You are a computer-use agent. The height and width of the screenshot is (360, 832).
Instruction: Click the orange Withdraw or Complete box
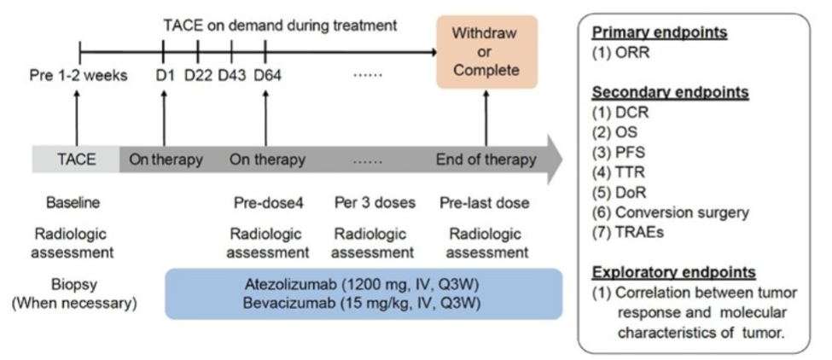[x=486, y=52]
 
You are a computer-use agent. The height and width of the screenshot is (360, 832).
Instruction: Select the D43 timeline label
[x=232, y=76]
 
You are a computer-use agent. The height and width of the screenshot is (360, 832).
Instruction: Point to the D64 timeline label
[x=267, y=76]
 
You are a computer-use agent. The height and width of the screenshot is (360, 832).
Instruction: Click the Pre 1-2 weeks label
[x=79, y=76]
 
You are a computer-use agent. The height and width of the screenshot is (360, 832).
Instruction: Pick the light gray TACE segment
[x=76, y=160]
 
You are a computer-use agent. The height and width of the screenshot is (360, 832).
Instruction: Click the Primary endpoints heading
[x=659, y=33]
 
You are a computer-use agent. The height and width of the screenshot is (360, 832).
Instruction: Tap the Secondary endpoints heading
[x=670, y=92]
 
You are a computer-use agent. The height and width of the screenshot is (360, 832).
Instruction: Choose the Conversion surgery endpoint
[x=671, y=212]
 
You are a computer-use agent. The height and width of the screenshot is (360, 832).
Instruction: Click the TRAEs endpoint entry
[x=628, y=232]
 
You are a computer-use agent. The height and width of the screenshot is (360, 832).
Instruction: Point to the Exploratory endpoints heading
[x=673, y=272]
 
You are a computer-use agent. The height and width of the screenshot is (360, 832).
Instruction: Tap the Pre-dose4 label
[x=268, y=203]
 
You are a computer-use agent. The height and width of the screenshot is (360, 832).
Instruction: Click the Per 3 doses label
[x=375, y=203]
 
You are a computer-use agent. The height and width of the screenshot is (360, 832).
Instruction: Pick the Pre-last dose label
[x=485, y=203]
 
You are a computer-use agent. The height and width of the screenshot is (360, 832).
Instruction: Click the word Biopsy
[x=74, y=285]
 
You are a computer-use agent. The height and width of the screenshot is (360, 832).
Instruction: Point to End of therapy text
[x=486, y=160]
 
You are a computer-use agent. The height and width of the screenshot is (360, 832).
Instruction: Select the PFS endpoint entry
[x=619, y=153]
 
